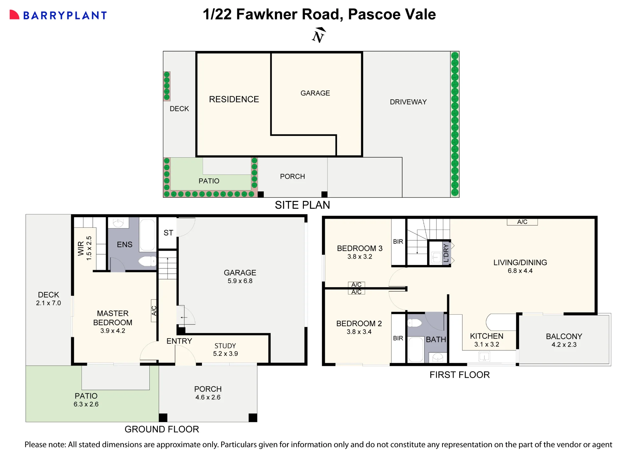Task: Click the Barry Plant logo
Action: click(x=58, y=15)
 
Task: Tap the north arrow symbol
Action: click(x=318, y=35)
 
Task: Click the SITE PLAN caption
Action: click(x=302, y=205)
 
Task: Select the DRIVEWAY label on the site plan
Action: click(x=408, y=102)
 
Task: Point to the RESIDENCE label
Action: click(x=234, y=99)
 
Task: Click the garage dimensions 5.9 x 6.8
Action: click(x=240, y=281)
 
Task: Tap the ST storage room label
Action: click(x=168, y=233)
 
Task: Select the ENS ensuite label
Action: click(x=125, y=245)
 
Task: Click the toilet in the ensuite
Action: click(x=147, y=261)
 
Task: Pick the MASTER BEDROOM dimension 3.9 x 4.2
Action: click(x=113, y=331)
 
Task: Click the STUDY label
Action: click(x=225, y=346)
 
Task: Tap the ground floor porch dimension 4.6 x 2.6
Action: click(x=208, y=397)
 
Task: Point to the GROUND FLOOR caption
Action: click(x=162, y=429)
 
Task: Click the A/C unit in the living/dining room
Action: click(x=522, y=222)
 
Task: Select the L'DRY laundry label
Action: click(x=446, y=253)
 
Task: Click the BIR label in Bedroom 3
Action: click(x=398, y=242)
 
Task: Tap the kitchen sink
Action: click(x=484, y=356)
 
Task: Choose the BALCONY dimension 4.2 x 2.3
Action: click(x=564, y=345)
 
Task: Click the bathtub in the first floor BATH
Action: click(x=416, y=349)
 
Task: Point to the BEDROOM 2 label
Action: click(x=359, y=324)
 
